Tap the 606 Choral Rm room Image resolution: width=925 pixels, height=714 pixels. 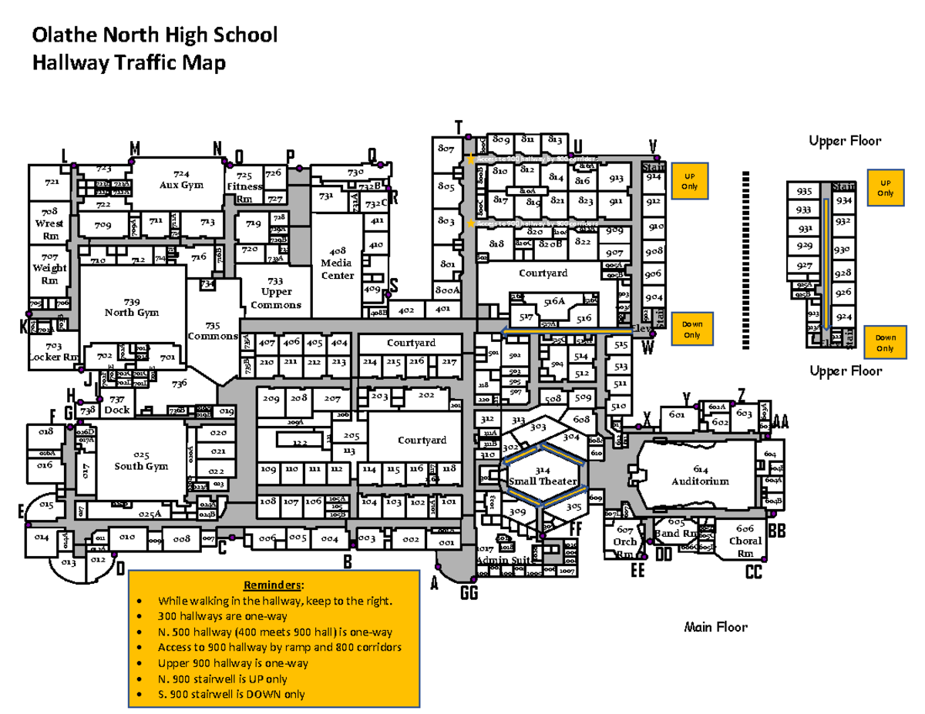click(745, 540)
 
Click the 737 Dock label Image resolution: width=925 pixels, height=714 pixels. click(117, 404)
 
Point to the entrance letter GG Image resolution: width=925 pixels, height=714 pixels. click(469, 592)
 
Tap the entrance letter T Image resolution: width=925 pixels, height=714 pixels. click(459, 127)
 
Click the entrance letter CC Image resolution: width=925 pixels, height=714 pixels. click(753, 572)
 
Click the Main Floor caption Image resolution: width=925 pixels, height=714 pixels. click(716, 627)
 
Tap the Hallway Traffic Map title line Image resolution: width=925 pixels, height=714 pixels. click(128, 63)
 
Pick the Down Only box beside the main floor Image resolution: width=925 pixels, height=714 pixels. click(691, 329)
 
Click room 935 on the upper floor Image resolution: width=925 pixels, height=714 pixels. click(803, 192)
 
